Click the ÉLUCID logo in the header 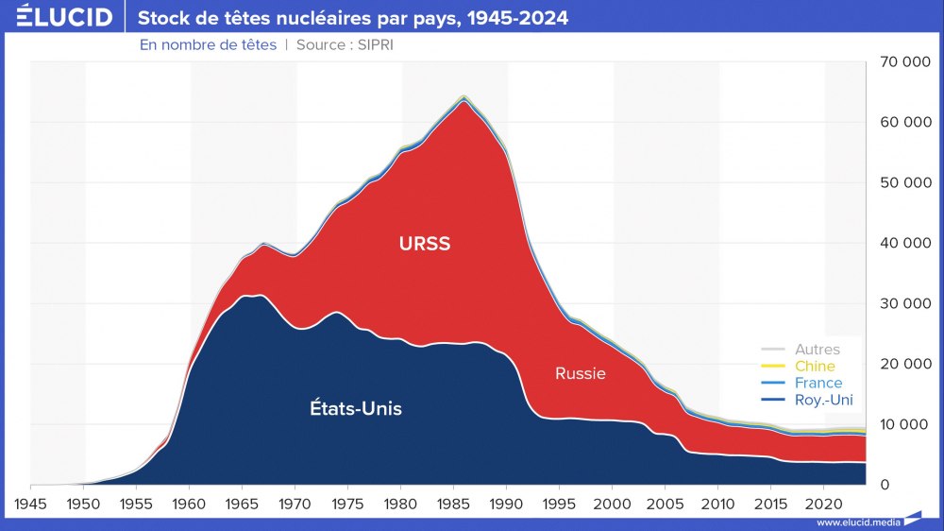click(x=64, y=17)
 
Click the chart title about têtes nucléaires click(x=353, y=18)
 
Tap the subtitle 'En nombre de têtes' click(x=208, y=44)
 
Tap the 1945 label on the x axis click(x=32, y=503)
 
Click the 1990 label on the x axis click(x=508, y=503)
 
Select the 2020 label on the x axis click(x=825, y=503)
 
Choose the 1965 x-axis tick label click(x=244, y=503)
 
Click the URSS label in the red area click(x=425, y=244)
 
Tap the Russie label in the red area click(x=580, y=373)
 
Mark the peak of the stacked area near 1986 click(x=463, y=96)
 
